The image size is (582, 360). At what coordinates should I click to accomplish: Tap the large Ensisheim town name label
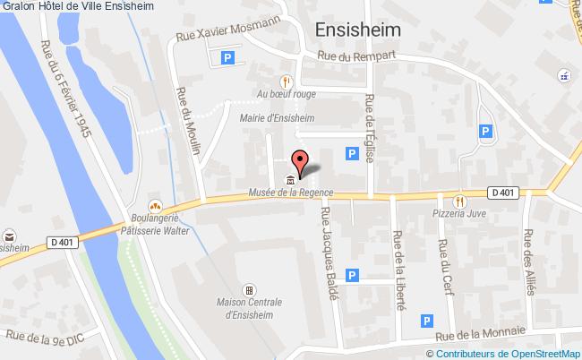coord(358,30)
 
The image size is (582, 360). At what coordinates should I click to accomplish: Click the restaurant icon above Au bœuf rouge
coord(286,78)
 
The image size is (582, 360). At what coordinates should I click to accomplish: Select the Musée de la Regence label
coord(290,193)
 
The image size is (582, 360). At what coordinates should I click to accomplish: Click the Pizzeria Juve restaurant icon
coord(459,201)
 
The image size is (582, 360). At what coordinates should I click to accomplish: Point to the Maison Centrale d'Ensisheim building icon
coord(248,290)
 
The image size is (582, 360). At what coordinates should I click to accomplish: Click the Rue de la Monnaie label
coord(480,335)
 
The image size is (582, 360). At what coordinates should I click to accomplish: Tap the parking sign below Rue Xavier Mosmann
coord(227,58)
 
